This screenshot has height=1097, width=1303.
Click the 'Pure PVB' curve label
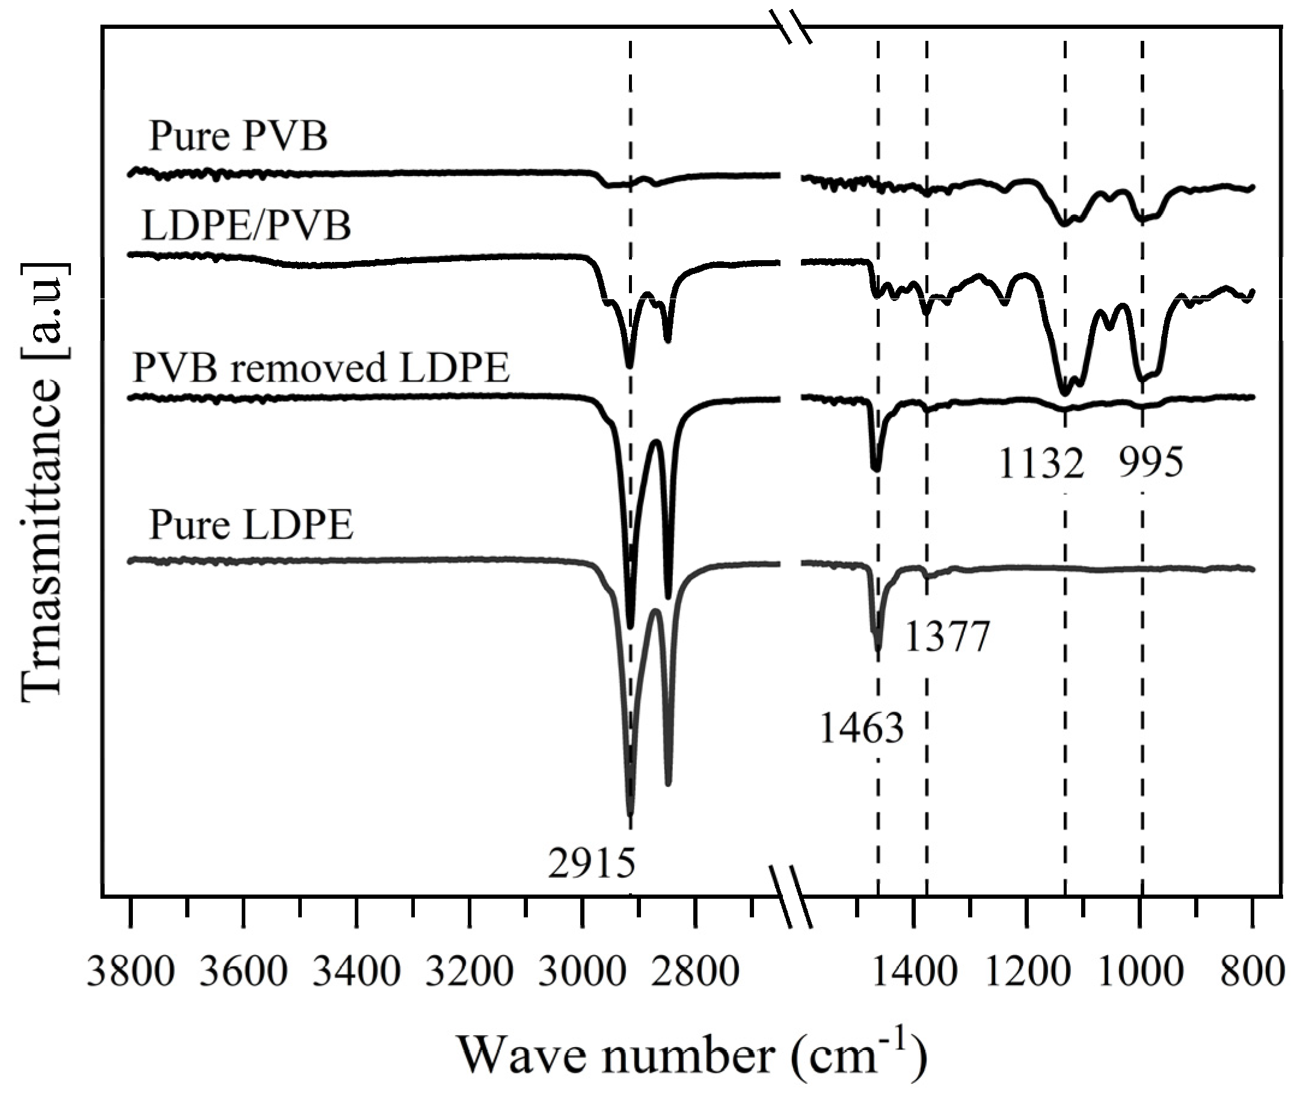(x=238, y=136)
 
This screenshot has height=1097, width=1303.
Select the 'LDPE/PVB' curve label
(x=247, y=225)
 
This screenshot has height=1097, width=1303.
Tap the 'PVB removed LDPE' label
(x=321, y=368)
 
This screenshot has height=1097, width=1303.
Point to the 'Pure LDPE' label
(x=251, y=525)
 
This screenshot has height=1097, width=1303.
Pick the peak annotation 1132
(x=1041, y=463)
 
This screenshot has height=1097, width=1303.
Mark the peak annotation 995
(x=1150, y=463)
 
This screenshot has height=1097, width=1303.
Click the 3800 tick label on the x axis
(x=130, y=971)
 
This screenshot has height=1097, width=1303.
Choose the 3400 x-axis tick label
(x=357, y=971)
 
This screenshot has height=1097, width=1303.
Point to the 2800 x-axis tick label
(x=695, y=971)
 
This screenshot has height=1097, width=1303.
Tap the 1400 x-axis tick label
(x=914, y=971)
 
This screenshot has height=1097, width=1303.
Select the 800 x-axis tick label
(x=1252, y=971)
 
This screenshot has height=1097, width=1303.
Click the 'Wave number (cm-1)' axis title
(x=692, y=1056)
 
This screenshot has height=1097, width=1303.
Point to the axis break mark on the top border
(x=791, y=28)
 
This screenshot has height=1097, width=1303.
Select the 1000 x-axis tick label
(x=1141, y=971)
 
